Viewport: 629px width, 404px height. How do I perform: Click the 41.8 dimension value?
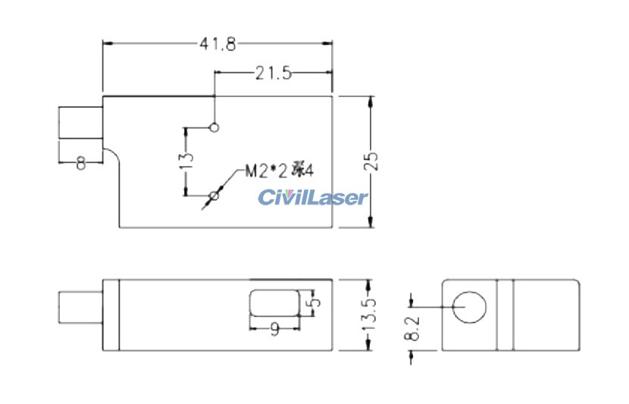(x=217, y=44)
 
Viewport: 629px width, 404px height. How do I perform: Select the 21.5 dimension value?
(x=274, y=73)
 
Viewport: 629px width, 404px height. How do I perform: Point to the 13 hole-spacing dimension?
(x=187, y=161)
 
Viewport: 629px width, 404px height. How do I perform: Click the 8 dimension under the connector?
(x=80, y=164)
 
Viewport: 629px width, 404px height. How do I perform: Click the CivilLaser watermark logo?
(x=312, y=197)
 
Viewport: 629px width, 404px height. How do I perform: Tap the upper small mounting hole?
(x=214, y=127)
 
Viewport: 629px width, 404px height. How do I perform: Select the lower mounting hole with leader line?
(x=214, y=196)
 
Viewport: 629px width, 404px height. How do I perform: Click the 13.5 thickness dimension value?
(x=370, y=315)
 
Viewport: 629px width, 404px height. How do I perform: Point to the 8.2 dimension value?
(x=412, y=328)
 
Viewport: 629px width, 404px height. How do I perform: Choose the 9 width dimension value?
(x=275, y=330)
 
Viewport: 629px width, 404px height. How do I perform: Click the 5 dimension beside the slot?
(x=316, y=302)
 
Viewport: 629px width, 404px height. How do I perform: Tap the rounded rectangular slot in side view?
(x=275, y=302)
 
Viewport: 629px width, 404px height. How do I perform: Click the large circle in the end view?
(x=469, y=307)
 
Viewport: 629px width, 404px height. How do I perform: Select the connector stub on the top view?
(x=80, y=123)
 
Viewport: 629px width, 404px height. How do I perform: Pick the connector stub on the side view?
(x=80, y=307)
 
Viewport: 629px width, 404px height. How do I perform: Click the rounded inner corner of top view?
(x=114, y=153)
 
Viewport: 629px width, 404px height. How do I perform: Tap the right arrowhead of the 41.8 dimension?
(x=327, y=43)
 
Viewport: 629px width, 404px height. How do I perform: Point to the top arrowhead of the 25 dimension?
(x=371, y=101)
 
